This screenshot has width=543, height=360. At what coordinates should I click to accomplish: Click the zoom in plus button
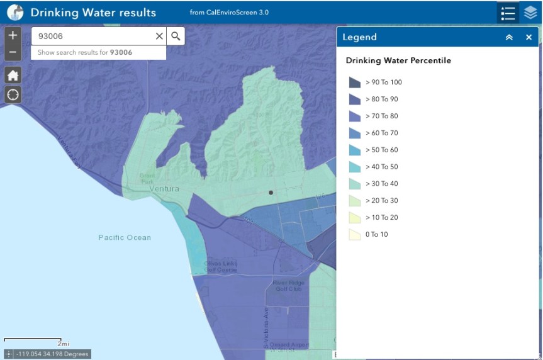click(x=13, y=36)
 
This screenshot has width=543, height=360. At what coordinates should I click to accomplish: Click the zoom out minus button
click(x=13, y=52)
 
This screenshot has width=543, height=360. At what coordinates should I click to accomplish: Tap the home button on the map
click(x=13, y=76)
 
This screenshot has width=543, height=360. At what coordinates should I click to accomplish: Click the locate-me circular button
click(x=13, y=94)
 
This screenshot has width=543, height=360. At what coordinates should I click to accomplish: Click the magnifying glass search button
click(x=176, y=37)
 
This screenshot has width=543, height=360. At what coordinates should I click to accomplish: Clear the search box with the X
click(x=159, y=37)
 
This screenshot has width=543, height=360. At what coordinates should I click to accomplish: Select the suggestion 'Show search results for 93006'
click(x=85, y=52)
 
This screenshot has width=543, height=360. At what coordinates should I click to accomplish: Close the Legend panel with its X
click(x=529, y=37)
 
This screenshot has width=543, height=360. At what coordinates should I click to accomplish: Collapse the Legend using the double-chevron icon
click(x=509, y=37)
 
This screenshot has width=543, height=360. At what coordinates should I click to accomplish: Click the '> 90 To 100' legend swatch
click(x=355, y=82)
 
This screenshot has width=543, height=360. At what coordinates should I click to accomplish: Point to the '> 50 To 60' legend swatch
click(x=355, y=150)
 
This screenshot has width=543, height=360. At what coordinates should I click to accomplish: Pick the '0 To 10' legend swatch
click(x=355, y=235)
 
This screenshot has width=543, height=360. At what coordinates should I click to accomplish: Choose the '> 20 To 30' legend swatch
click(x=355, y=201)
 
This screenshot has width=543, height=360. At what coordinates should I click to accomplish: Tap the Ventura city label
click(x=164, y=189)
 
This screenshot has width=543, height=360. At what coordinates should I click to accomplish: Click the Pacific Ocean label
click(x=125, y=237)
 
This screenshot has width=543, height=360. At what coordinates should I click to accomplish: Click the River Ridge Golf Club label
click(x=288, y=285)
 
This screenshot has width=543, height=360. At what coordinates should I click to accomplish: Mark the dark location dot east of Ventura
click(x=271, y=193)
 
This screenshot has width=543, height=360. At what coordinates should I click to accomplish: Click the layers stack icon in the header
click(x=530, y=13)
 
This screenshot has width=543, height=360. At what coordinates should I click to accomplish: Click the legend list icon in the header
click(x=508, y=13)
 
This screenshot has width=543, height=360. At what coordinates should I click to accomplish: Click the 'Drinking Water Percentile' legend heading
click(x=398, y=61)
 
